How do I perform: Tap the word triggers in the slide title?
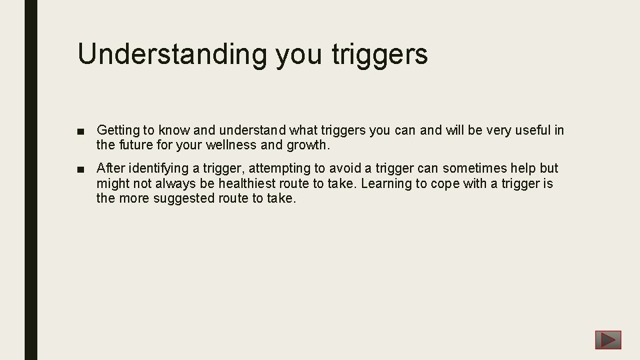(x=379, y=54)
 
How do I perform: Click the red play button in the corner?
(x=608, y=340)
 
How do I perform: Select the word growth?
(x=307, y=144)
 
